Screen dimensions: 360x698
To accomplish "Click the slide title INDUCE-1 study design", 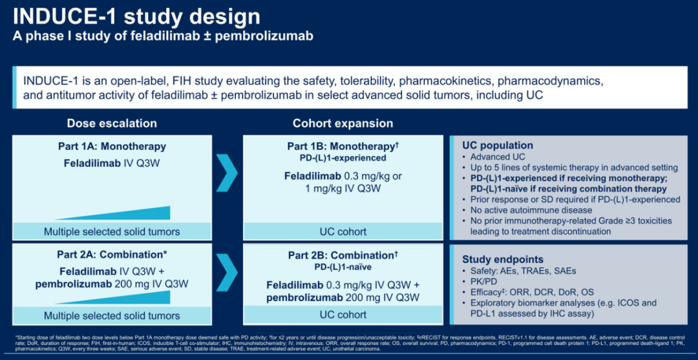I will [136, 16].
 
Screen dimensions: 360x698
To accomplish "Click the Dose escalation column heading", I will [112, 123].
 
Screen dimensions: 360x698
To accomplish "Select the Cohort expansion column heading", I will [343, 123].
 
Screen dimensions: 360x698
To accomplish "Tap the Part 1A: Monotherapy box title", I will [112, 146].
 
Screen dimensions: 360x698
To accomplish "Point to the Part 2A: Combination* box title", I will [112, 255].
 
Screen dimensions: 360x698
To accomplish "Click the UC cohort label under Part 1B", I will [343, 231].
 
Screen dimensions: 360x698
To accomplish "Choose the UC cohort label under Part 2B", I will [343, 315].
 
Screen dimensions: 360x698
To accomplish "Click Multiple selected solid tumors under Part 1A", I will [112, 231].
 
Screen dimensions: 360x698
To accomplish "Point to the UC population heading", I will [498, 145].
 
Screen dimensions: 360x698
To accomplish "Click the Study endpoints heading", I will [503, 259].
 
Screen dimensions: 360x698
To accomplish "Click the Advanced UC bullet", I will [498, 157].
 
